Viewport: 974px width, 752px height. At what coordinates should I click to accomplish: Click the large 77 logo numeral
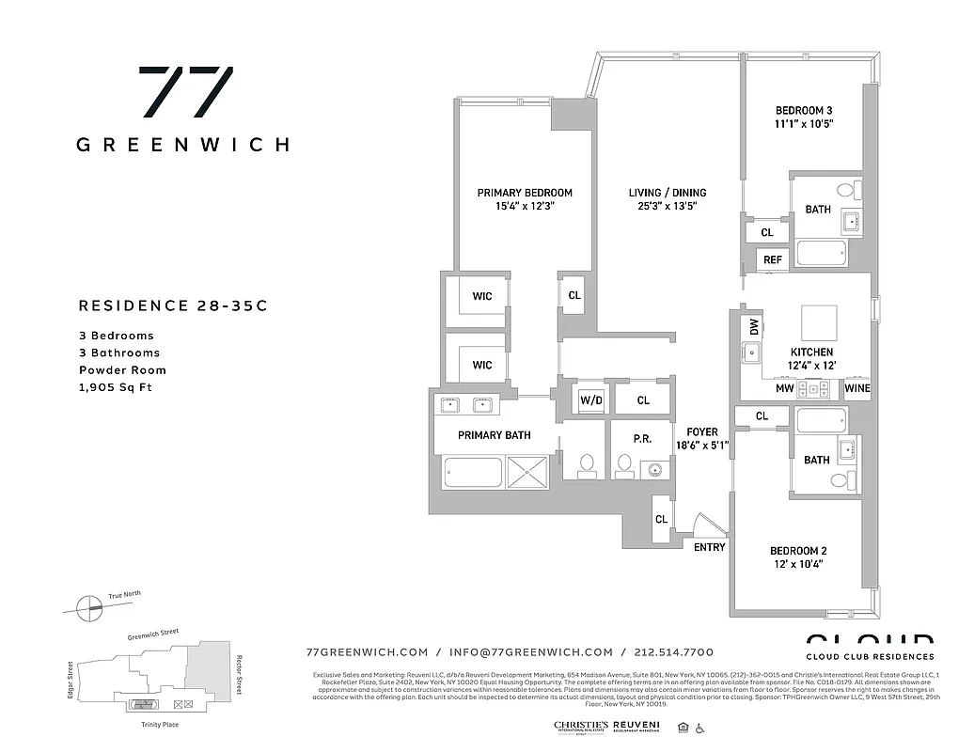(185, 92)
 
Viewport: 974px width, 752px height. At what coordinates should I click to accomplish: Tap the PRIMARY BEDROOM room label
(524, 193)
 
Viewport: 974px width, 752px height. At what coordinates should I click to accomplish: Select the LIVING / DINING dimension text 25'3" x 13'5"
(668, 207)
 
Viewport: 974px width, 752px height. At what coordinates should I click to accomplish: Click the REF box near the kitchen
(772, 260)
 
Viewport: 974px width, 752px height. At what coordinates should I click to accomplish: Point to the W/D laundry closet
(590, 400)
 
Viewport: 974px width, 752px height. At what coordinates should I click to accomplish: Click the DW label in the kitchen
(754, 326)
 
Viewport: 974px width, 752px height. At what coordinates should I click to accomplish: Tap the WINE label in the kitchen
(856, 388)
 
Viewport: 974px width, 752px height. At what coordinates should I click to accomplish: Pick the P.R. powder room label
(643, 437)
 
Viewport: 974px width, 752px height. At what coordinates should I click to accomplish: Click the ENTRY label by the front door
(709, 547)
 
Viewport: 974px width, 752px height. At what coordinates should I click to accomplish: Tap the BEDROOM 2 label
(798, 551)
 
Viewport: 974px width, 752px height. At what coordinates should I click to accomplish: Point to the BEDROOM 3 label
(804, 110)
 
